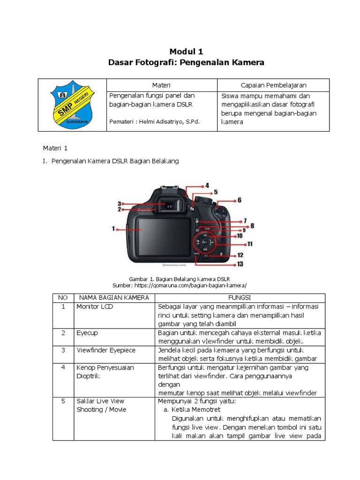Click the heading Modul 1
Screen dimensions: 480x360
click(186, 51)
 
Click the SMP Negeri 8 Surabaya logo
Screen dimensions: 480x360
click(72, 105)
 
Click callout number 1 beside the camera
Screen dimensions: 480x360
click(113, 229)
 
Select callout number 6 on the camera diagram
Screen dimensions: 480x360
click(239, 200)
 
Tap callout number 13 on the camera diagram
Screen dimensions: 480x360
click(240, 264)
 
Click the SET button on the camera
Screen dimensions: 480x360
click(205, 242)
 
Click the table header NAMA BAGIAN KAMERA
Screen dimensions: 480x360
click(114, 298)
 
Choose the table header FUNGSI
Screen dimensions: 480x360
click(239, 298)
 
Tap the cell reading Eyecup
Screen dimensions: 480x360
click(87, 332)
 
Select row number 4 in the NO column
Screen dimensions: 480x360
click(63, 367)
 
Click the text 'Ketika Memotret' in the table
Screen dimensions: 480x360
click(192, 409)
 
